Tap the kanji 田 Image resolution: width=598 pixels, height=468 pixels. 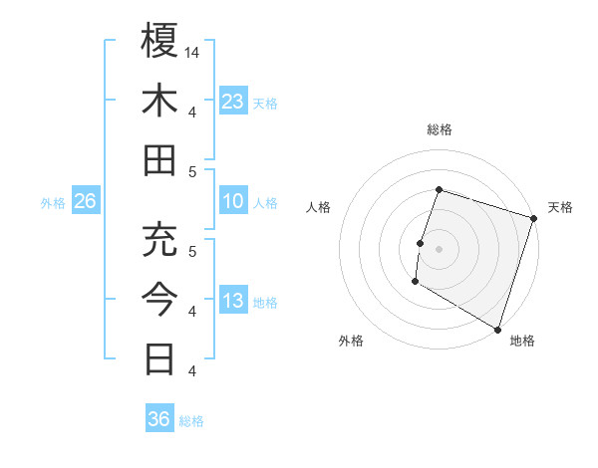tap(159, 160)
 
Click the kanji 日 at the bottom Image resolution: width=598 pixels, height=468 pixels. tap(159, 357)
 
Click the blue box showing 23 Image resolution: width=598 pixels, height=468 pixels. tap(232, 101)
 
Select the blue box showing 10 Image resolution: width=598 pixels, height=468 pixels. tap(232, 201)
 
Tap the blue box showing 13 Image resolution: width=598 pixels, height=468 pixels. tap(232, 302)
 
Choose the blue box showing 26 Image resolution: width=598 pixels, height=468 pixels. tap(85, 201)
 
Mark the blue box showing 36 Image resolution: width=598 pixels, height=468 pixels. tap(158, 419)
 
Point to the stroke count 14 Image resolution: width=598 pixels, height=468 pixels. tap(192, 51)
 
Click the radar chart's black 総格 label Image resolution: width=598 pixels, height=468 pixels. tap(439, 129)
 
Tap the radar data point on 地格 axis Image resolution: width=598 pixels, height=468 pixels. tap(496, 328)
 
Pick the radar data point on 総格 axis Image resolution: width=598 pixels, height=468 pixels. tap(439, 190)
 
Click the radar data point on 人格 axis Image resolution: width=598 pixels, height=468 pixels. tap(421, 243)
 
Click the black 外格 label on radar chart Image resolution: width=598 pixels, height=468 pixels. tap(351, 341)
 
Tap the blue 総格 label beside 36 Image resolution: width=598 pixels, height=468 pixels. tap(191, 421)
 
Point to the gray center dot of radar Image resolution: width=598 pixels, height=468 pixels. tap(439, 249)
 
